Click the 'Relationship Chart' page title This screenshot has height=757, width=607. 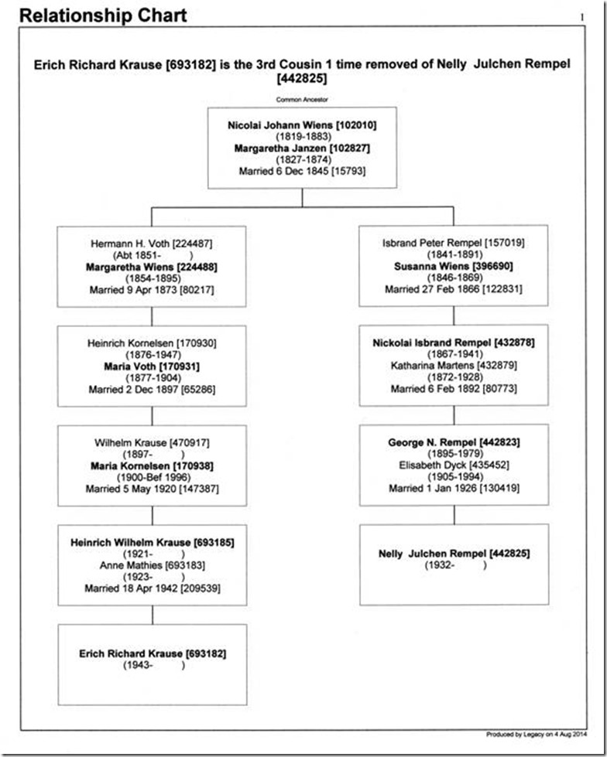[103, 15]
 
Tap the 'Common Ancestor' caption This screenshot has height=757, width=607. [302, 100]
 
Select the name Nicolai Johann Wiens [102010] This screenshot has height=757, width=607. [302, 125]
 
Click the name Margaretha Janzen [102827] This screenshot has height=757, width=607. [302, 148]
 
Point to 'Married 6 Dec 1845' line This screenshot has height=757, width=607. [302, 172]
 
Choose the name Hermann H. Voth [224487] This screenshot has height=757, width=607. [151, 244]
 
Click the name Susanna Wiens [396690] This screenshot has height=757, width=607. [454, 266]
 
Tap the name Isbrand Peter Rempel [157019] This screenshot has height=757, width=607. [454, 243]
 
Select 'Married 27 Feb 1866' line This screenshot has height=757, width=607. [454, 289]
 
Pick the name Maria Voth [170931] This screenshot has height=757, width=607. [152, 367]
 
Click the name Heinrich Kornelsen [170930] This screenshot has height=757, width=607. [152, 343]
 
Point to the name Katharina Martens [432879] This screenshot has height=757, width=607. [454, 366]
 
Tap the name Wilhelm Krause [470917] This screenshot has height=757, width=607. [152, 443]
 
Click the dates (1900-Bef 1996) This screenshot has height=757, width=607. [153, 477]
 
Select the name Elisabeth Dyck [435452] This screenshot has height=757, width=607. [454, 465]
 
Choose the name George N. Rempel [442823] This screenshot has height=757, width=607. [454, 442]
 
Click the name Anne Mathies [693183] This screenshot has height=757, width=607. [153, 565]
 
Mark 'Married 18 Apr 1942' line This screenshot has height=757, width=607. [153, 588]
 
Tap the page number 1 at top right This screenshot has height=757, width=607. [582, 17]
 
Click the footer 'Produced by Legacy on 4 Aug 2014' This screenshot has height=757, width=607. [537, 735]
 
